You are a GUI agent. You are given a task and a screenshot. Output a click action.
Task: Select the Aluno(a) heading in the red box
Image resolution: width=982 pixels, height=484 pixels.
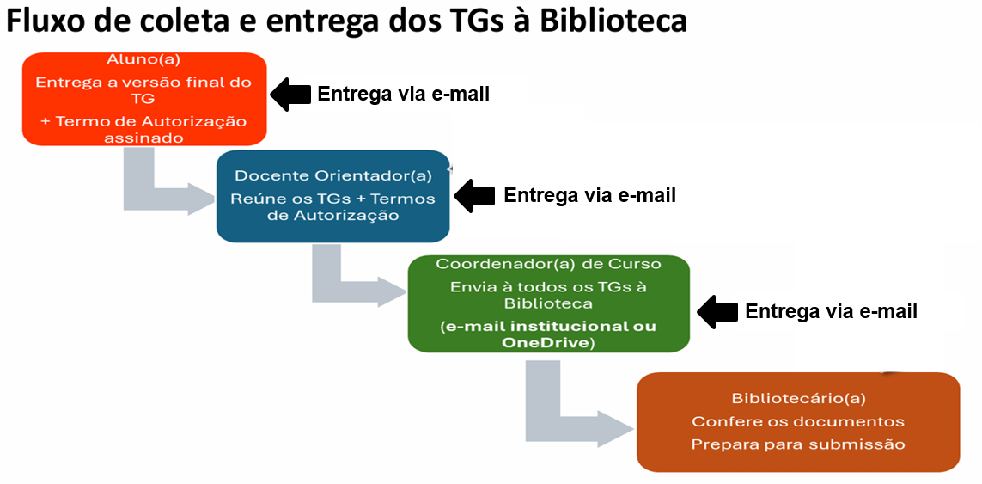click(144, 60)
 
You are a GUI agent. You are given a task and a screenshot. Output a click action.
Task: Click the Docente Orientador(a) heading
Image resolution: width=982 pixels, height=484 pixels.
click(333, 176)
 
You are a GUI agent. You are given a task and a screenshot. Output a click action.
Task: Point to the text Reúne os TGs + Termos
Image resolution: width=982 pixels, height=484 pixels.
click(333, 199)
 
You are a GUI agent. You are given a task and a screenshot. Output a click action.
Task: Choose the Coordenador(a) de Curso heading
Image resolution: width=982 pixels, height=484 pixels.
click(549, 264)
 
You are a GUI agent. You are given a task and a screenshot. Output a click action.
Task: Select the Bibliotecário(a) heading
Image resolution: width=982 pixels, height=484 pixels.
click(798, 398)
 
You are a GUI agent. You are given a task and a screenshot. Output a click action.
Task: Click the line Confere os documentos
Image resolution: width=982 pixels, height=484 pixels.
click(798, 420)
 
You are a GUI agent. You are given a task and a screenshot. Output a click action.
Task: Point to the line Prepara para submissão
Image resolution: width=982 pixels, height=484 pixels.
click(798, 444)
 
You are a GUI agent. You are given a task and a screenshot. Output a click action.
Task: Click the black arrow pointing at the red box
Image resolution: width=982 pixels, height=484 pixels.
click(290, 95)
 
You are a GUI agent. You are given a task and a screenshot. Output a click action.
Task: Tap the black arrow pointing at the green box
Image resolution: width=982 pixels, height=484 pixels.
click(717, 311)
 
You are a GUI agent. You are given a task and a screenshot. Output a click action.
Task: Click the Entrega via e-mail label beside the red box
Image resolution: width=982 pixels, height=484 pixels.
click(403, 94)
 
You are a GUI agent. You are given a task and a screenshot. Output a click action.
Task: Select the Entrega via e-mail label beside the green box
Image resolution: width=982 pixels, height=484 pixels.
click(831, 311)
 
